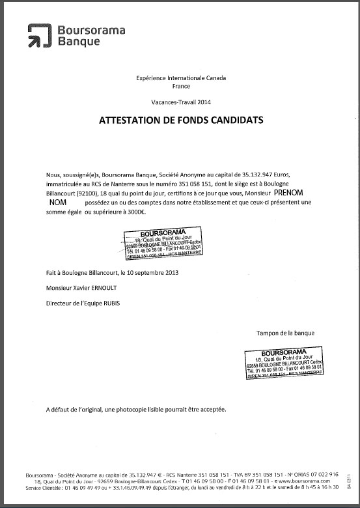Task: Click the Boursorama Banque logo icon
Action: (40, 36)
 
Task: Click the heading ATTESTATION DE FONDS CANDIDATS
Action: (180, 120)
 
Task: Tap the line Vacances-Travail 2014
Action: (180, 102)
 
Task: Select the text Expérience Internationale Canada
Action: (180, 78)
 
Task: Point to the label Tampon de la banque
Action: (286, 333)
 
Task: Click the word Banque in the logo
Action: (79, 42)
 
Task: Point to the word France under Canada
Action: (180, 86)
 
